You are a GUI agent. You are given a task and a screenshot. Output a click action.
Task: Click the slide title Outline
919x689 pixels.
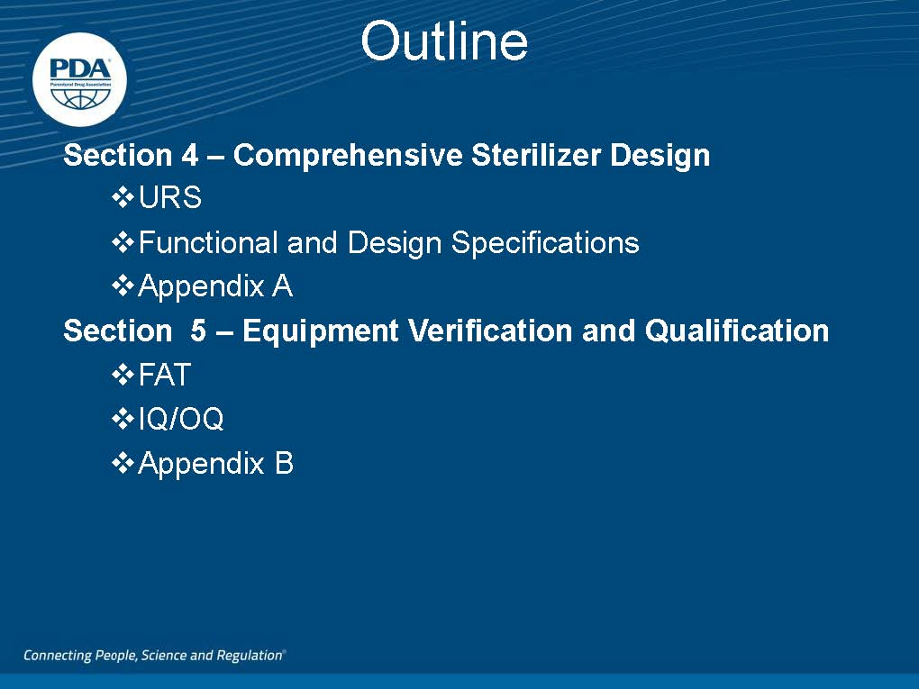(x=444, y=41)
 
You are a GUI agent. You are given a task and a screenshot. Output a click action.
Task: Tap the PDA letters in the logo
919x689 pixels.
(x=80, y=69)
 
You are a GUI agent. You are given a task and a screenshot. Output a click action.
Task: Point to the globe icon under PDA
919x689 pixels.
(x=80, y=98)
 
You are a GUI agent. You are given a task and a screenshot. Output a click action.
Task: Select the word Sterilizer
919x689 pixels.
(x=536, y=155)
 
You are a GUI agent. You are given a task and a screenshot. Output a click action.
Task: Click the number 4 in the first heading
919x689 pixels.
(x=190, y=155)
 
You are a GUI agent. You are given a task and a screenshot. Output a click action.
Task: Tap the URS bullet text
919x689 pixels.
(x=170, y=197)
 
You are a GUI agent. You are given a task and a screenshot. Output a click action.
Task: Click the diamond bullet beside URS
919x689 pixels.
(x=123, y=197)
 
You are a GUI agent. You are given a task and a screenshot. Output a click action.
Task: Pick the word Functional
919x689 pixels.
(x=209, y=242)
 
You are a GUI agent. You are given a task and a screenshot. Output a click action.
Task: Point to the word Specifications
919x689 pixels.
(x=545, y=243)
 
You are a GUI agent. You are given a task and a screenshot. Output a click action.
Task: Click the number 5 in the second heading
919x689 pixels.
(x=198, y=331)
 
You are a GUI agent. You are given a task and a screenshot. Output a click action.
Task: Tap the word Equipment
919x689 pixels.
(x=320, y=331)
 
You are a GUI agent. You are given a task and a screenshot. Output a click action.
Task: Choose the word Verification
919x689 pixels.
(x=490, y=331)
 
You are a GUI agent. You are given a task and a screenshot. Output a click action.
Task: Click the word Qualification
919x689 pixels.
(x=737, y=331)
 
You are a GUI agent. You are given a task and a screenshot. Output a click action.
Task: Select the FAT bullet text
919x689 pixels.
(x=165, y=375)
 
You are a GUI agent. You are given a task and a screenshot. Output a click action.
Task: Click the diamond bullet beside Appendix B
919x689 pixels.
(x=123, y=464)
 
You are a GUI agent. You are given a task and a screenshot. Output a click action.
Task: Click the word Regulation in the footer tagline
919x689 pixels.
(x=249, y=655)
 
